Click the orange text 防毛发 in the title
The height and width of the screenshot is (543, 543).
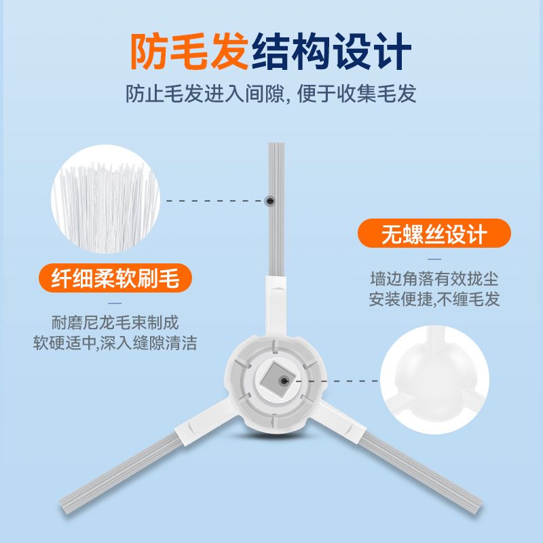pos(189,52)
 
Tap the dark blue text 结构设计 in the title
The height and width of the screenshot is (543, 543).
pos(331,52)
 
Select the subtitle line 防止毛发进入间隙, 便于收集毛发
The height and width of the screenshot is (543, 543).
pos(271,94)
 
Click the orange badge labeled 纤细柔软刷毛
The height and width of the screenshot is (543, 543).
pos(115,278)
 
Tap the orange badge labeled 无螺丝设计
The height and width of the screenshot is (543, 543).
pos(434,233)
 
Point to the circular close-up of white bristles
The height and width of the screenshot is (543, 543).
pos(106,199)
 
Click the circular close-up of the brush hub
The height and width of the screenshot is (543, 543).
pos(434,379)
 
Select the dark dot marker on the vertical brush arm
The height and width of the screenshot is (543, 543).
pos(270,201)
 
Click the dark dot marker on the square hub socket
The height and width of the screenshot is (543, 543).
pos(284,381)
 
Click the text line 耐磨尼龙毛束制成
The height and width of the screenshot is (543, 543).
pos(115,323)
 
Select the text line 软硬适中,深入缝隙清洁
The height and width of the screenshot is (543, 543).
pos(115,343)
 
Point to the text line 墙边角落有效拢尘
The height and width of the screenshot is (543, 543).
pos(434,279)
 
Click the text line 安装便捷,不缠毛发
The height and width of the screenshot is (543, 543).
pos(434,299)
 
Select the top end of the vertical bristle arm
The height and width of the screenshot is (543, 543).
pos(276,143)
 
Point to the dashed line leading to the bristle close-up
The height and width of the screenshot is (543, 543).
pos(215,201)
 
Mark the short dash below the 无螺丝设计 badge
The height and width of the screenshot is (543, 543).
pos(434,259)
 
